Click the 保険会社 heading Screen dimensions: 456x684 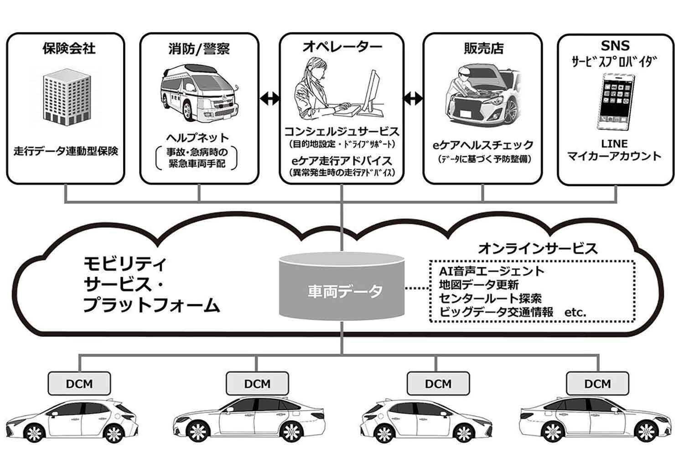(69, 48)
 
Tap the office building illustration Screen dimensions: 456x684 (65, 100)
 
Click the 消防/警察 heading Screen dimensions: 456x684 (199, 48)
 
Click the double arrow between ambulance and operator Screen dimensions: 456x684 (269, 98)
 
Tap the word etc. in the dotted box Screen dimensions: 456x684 (575, 312)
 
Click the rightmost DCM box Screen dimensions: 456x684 (597, 383)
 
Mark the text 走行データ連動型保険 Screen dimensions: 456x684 (66, 151)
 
